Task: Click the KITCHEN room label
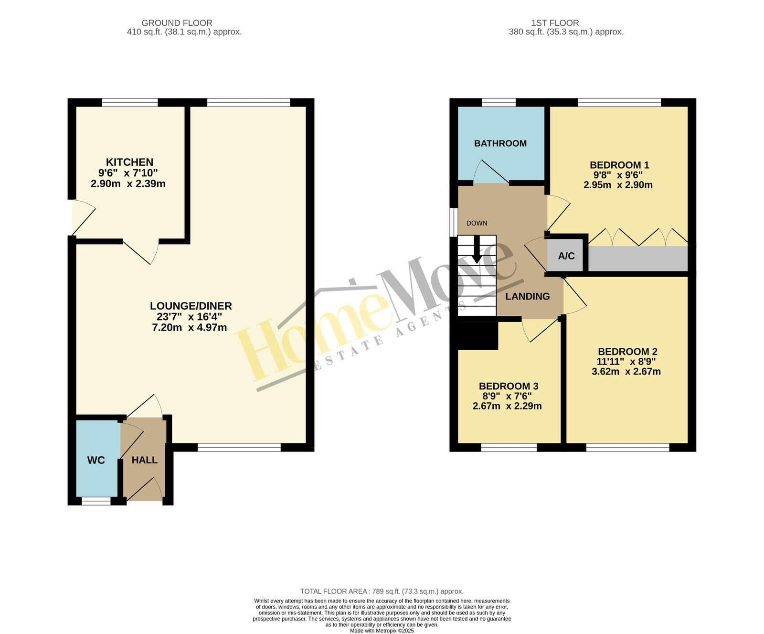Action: (129, 162)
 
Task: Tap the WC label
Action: (96, 460)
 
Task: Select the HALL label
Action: (145, 460)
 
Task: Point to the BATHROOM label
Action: (500, 143)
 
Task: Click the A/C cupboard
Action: (567, 256)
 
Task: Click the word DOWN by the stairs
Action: (477, 223)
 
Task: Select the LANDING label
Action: (528, 296)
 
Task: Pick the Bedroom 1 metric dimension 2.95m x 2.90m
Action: (618, 185)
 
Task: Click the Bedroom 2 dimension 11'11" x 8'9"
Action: (626, 362)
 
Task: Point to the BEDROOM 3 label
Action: (508, 386)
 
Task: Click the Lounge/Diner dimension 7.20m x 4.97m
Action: (190, 327)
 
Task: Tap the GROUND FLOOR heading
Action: (177, 23)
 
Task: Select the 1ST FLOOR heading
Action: (555, 23)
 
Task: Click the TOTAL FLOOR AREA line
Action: (382, 591)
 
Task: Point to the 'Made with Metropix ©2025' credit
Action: (382, 631)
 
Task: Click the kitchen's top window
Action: (130, 102)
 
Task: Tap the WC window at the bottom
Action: (96, 501)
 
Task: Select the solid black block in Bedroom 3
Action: (478, 335)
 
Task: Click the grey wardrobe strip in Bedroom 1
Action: (638, 258)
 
